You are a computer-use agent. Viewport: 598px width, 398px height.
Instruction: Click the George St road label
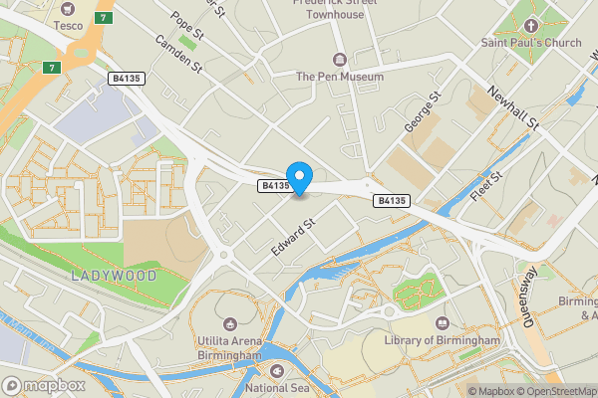coord(423,112)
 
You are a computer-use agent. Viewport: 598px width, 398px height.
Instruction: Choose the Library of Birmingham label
coord(442,340)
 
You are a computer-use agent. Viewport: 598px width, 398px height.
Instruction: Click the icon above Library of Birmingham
coord(443,322)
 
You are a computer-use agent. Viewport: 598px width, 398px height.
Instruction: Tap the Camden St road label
coord(177,56)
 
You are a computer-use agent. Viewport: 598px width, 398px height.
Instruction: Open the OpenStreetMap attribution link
coord(556,391)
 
